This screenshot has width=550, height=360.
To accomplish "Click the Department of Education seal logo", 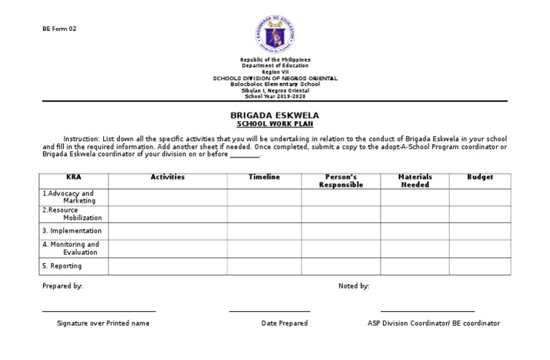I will coord(275,32).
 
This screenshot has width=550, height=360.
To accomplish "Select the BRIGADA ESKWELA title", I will coord(274,115).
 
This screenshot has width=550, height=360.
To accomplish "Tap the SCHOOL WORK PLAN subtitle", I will coord(274,124).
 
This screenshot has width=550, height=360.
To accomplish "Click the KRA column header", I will coord(74,177).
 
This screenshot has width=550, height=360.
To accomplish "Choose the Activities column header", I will coord(168,177).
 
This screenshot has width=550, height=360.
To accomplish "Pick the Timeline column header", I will coord(264,177).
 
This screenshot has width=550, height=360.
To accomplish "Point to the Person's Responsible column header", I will coord(341,180).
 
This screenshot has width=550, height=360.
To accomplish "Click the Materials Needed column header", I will coord(415,180).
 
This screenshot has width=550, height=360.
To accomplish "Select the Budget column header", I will coord(480,177).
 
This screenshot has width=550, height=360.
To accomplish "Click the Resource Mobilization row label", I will coord(72,213).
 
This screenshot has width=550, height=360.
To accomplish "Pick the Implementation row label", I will coord(72,230).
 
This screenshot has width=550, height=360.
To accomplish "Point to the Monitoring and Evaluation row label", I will coord(71,248).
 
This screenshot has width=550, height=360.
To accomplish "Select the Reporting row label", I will coord(62,266).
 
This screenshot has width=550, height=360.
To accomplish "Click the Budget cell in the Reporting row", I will coord(480,266).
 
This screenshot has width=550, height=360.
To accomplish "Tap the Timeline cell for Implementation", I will coord(264,230).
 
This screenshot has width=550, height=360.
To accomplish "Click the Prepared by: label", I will coord(62,286).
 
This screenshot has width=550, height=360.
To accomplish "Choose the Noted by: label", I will coord(354,286).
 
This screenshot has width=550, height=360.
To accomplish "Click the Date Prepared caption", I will coord(284,323).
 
